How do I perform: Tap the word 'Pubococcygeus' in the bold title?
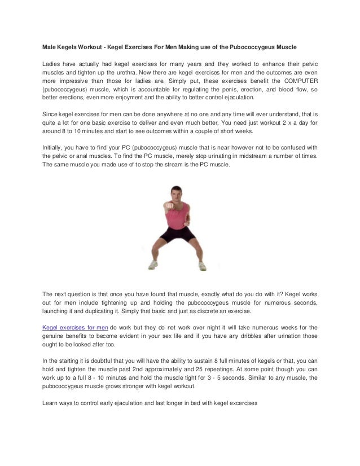click(x=257, y=44)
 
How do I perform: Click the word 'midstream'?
click(x=230, y=157)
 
